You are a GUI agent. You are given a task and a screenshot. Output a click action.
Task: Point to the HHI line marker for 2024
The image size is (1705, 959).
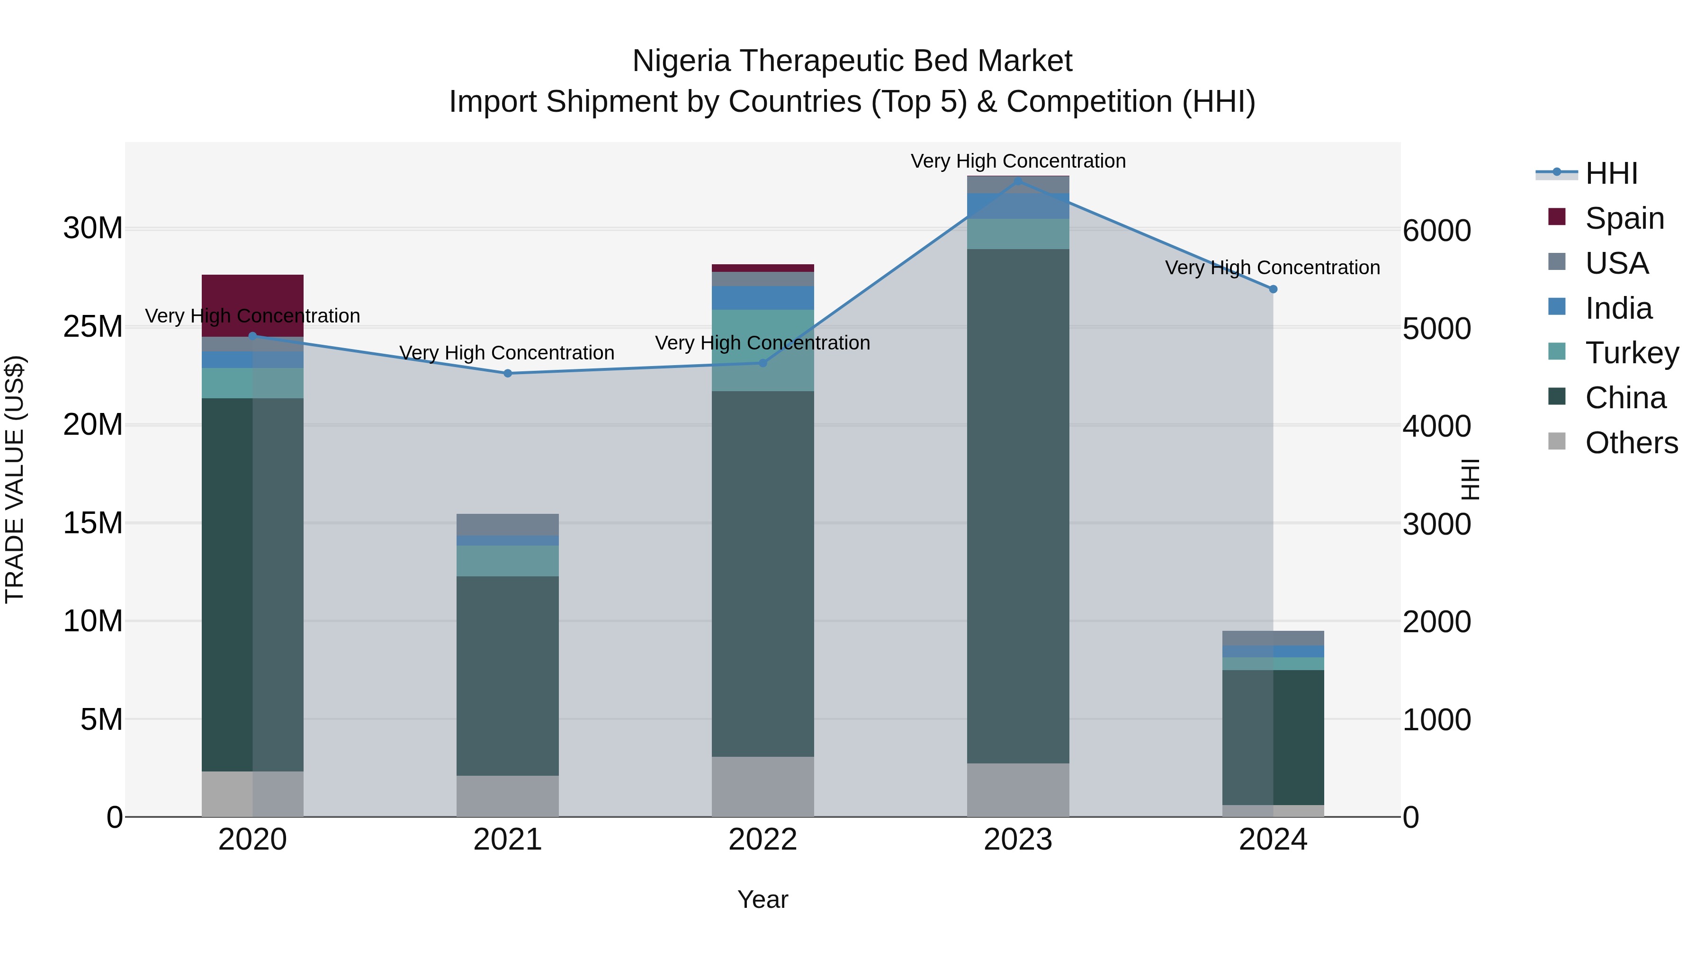coord(1272,289)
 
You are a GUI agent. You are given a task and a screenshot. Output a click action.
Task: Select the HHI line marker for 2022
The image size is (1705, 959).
coord(763,363)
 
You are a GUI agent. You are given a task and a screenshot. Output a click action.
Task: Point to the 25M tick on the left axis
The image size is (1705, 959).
coord(93,326)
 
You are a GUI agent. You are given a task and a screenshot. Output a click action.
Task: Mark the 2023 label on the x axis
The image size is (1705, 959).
coord(1017,840)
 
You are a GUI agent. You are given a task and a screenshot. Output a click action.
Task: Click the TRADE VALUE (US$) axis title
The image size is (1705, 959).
coord(15,479)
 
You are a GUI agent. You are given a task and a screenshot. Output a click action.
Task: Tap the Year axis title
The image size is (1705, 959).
coord(763,899)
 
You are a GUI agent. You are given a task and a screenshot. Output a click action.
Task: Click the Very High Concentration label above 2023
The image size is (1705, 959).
coord(1017,161)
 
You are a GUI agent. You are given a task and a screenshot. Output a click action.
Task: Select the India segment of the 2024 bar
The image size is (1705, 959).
coord(1272,651)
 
